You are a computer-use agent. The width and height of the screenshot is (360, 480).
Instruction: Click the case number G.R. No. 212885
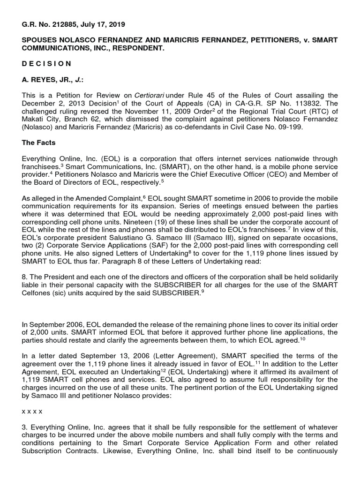tap(49, 24)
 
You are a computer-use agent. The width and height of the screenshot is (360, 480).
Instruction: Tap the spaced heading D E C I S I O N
tap(47, 64)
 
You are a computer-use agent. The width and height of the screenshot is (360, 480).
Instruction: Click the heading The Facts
tap(40, 144)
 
